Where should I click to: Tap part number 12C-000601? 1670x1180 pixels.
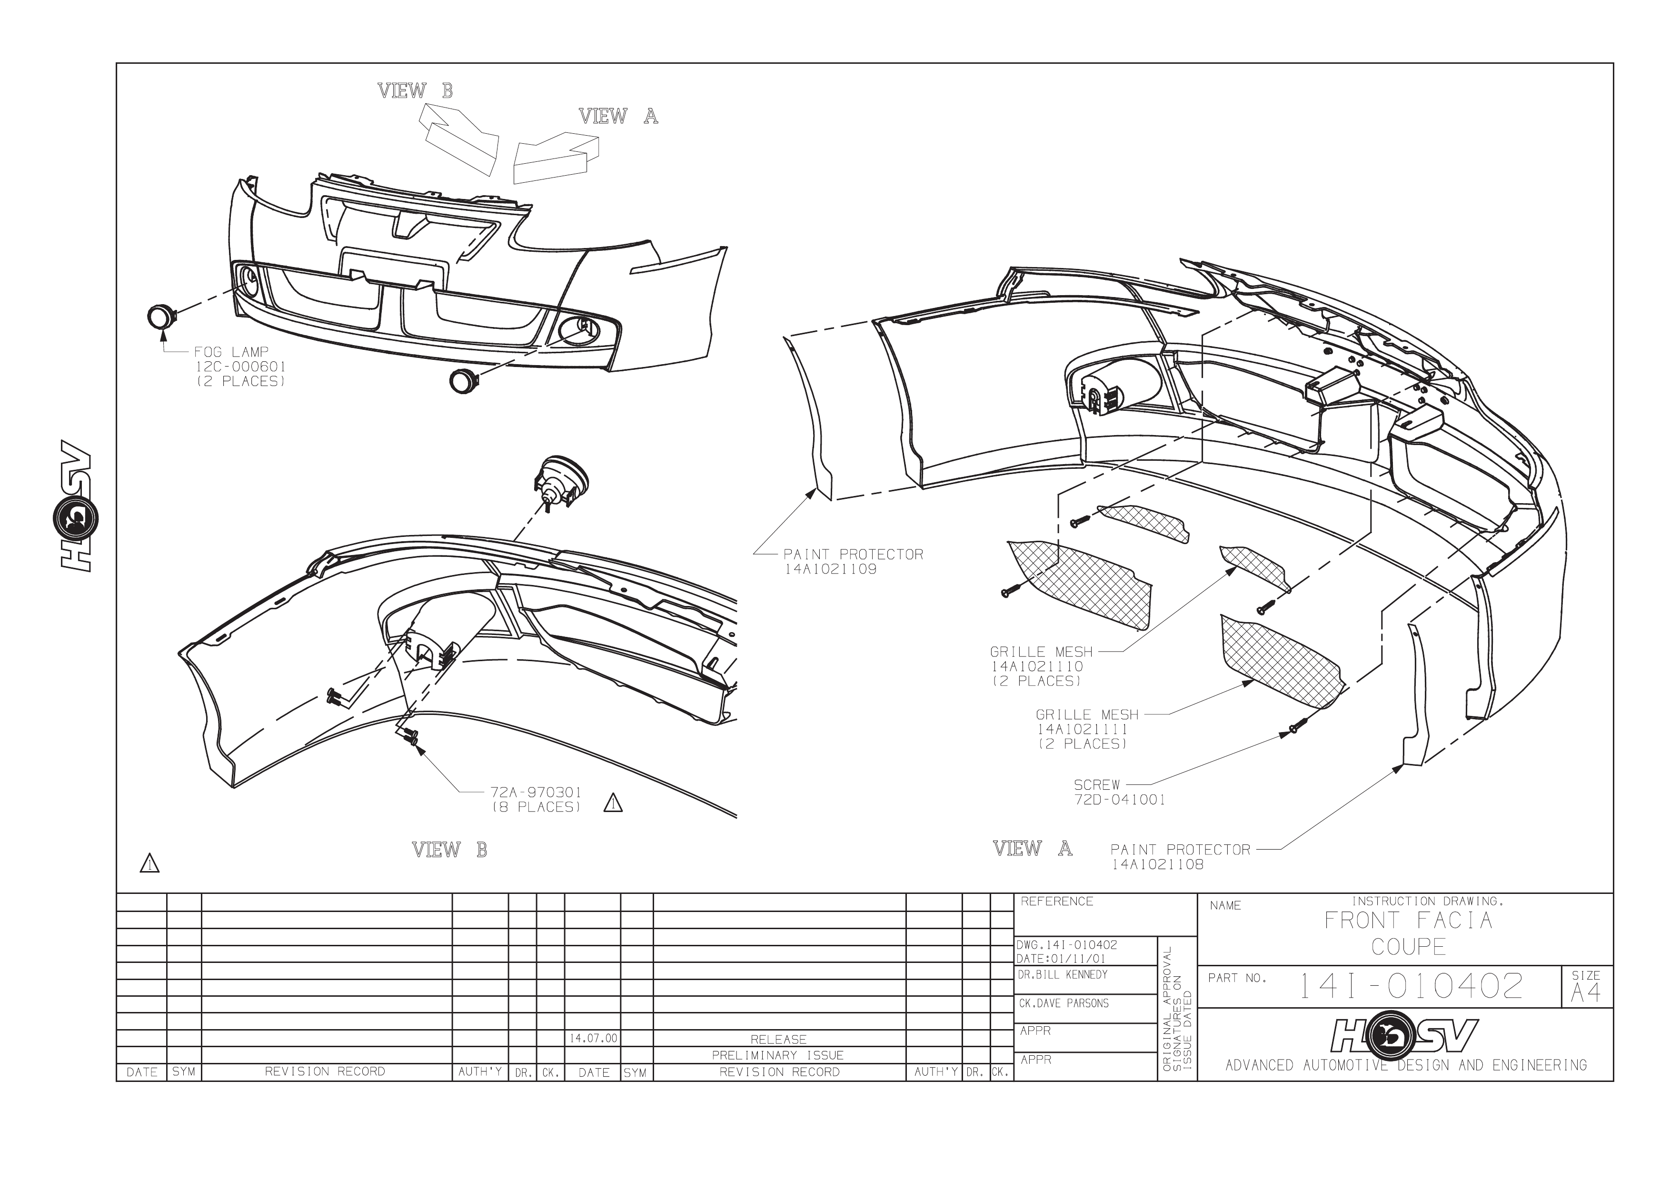tap(240, 367)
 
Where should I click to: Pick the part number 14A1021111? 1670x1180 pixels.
tap(1082, 729)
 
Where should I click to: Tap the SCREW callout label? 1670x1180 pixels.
tap(1097, 785)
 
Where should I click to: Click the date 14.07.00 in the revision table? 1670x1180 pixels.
tap(593, 1038)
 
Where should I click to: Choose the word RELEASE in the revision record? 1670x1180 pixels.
tap(778, 1040)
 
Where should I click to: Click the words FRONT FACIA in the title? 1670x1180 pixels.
tap(1408, 921)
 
